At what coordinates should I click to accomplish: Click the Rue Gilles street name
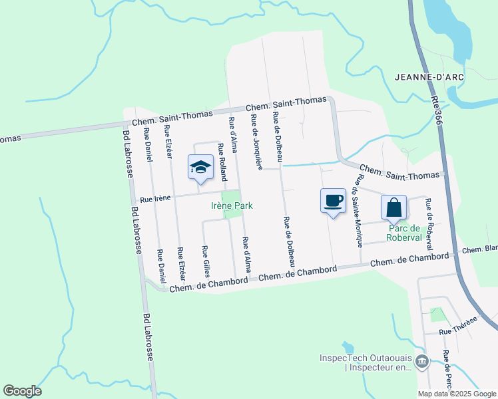click(206, 261)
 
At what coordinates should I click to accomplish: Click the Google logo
click(22, 391)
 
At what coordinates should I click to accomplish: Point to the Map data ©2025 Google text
click(456, 394)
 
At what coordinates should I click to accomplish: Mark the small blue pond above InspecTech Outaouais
click(347, 348)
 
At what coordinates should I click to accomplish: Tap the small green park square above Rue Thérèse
click(437, 314)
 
